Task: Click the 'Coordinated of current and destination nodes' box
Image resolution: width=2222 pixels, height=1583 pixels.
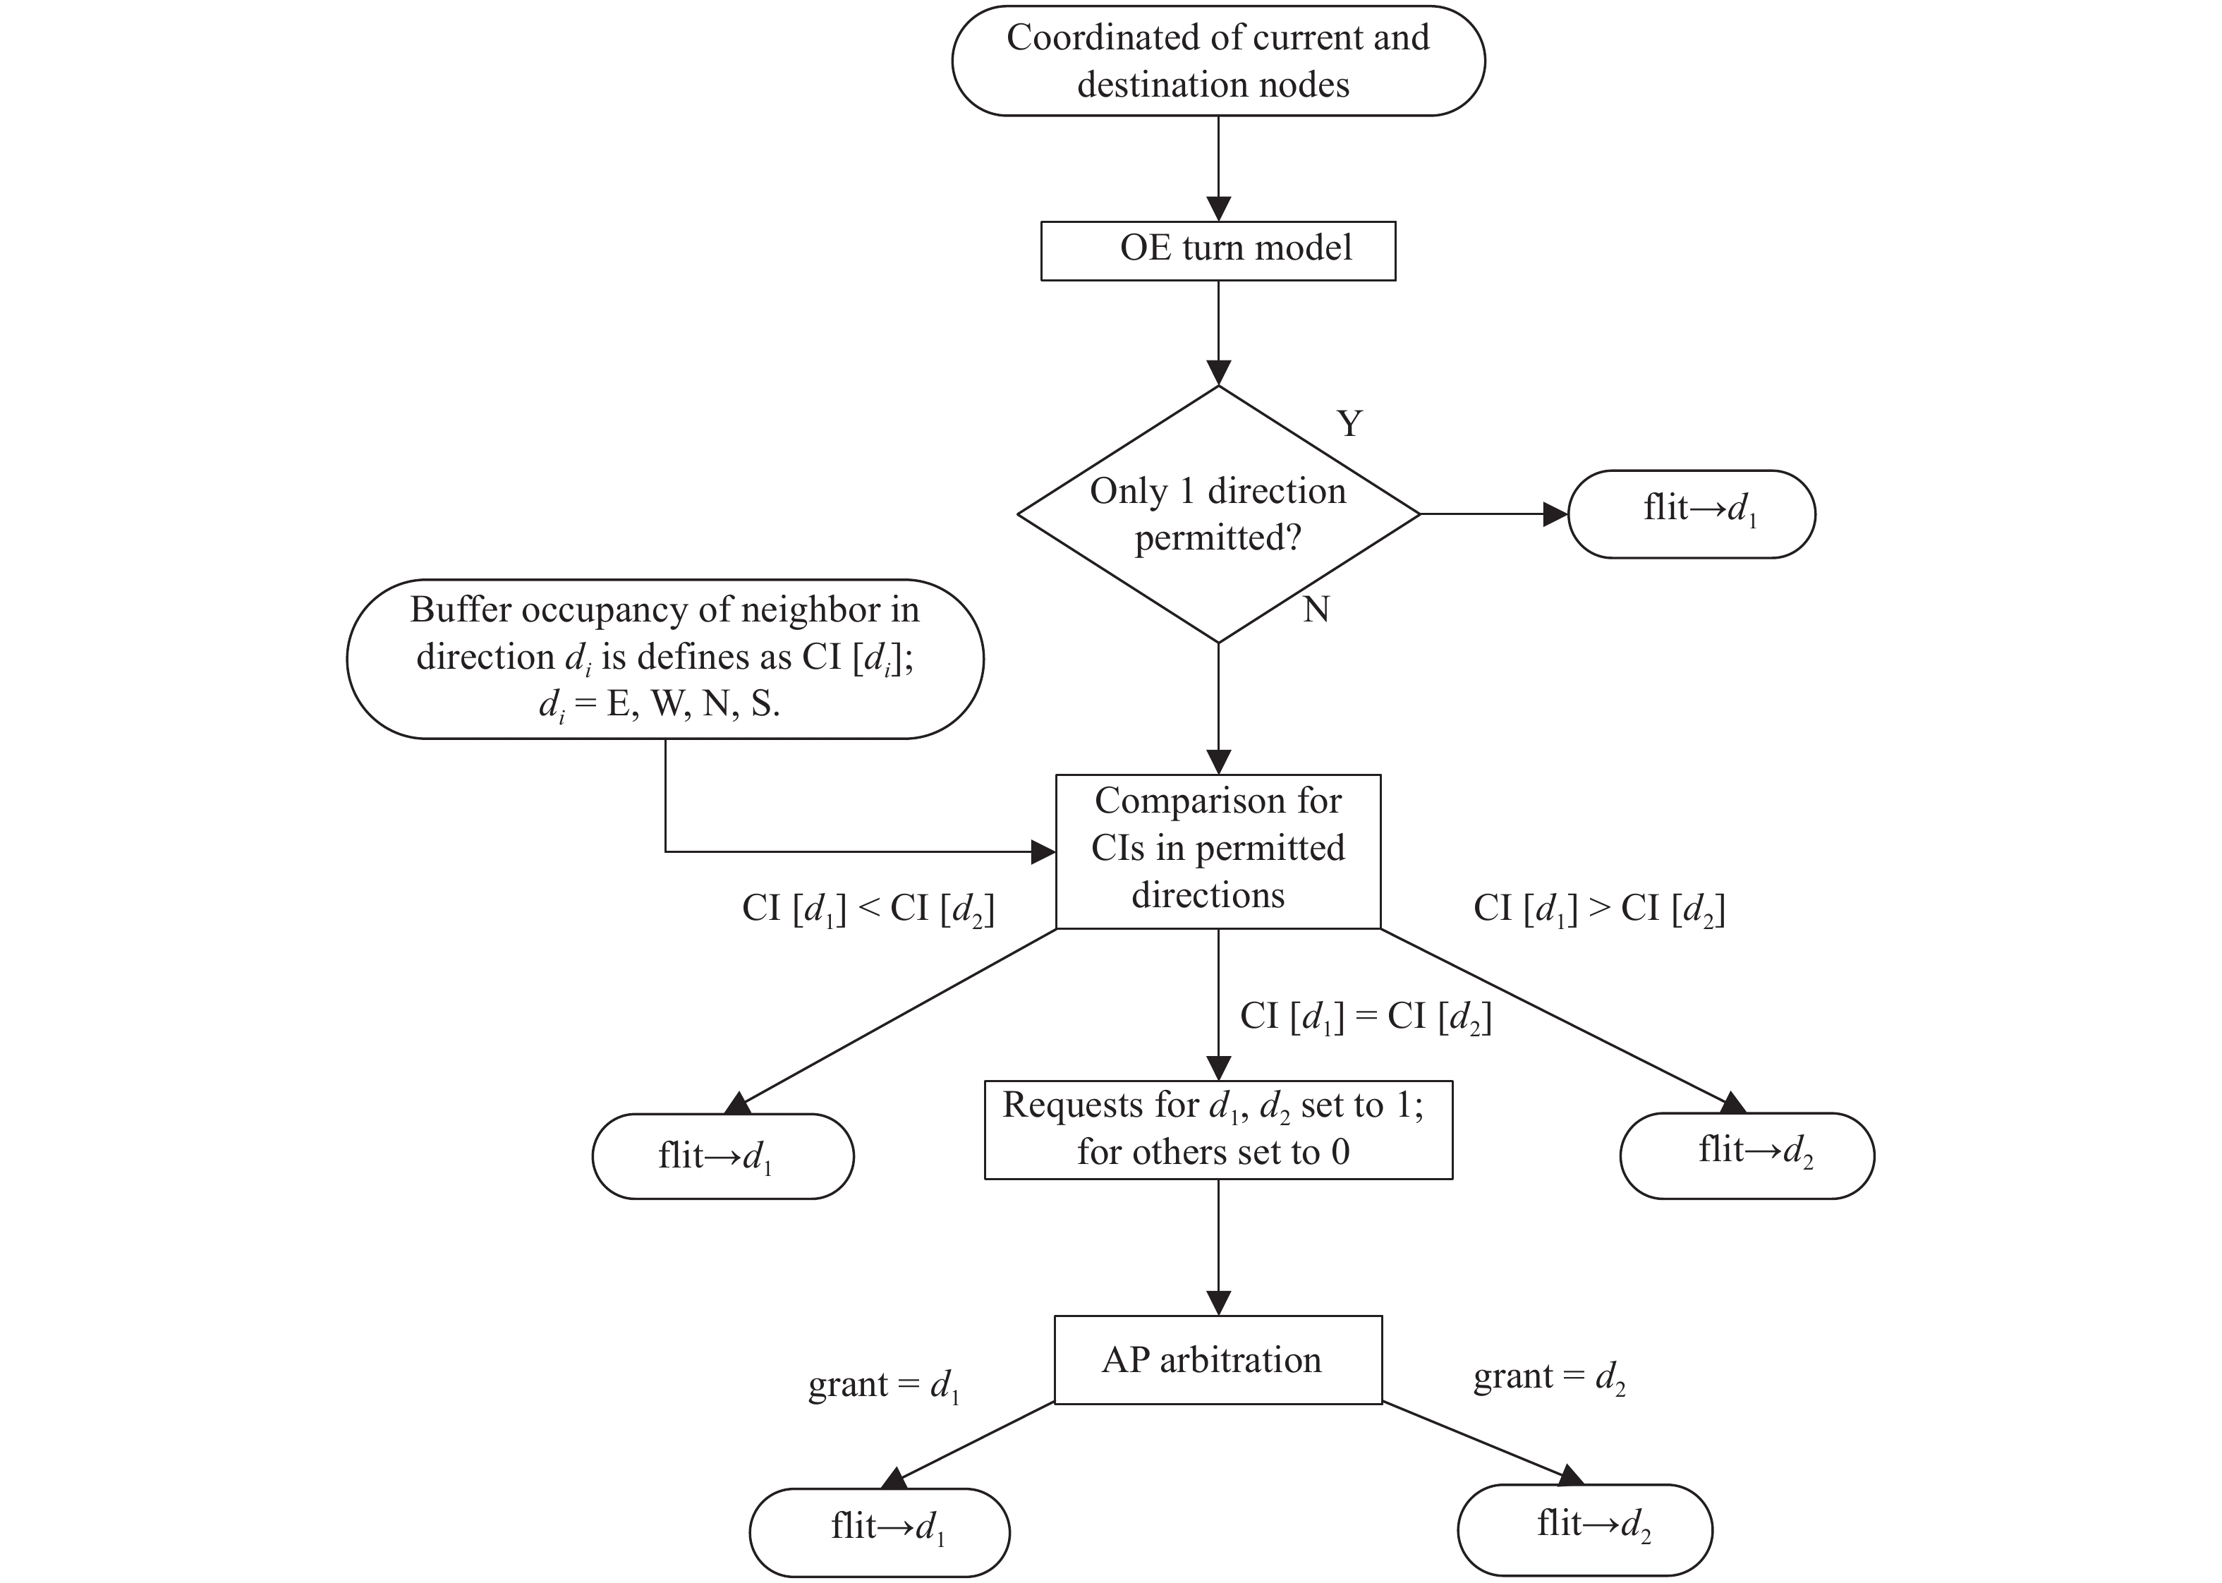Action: pos(1218,61)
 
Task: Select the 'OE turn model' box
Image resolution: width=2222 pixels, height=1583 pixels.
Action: pos(1218,251)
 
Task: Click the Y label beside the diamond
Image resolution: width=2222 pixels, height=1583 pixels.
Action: pos(1349,424)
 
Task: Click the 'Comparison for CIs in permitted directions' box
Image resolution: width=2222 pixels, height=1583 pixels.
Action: pos(1218,851)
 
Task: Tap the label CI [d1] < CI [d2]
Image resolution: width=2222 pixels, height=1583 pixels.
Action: pos(868,909)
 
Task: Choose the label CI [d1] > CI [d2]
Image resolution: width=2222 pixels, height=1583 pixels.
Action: pos(1599,909)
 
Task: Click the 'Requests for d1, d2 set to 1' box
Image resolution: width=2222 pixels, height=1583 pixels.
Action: pos(1218,1129)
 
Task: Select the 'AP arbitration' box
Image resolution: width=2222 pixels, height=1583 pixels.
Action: pos(1218,1360)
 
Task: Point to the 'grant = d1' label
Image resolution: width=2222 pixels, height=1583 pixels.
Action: pos(884,1385)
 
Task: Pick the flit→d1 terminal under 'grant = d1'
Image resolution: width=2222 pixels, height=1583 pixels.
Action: pos(879,1532)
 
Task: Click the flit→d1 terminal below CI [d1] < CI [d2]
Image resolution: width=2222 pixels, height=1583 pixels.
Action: pos(723,1156)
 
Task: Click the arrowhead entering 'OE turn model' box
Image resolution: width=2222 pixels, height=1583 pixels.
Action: pos(1218,209)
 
